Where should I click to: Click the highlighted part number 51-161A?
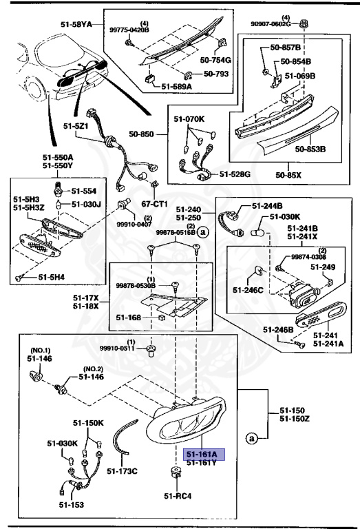tap(200, 455)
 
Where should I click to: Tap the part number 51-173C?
tap(124, 471)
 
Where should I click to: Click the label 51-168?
tap(128, 317)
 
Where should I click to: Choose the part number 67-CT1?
tap(155, 204)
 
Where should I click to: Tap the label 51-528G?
tap(235, 174)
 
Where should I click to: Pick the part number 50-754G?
tap(216, 61)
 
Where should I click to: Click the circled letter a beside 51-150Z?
tap(252, 437)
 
